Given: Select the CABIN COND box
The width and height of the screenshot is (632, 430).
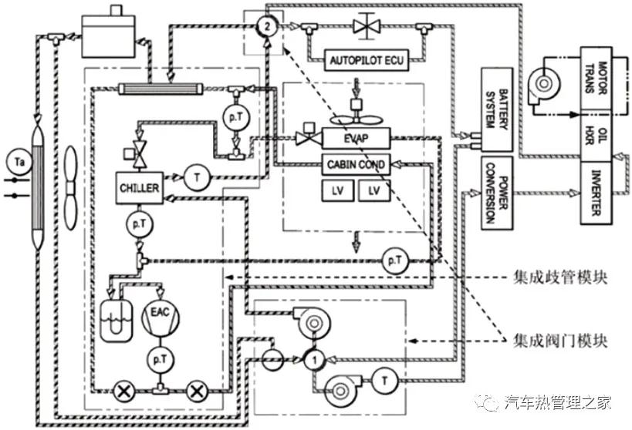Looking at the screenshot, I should [356, 163].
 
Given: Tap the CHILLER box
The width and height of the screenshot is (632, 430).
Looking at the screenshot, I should [139, 188].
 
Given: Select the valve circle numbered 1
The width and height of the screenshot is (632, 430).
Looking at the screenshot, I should [313, 358].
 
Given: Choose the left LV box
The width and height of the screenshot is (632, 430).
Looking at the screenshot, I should [336, 190].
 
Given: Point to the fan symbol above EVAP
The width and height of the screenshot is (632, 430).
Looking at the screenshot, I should [356, 119].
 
